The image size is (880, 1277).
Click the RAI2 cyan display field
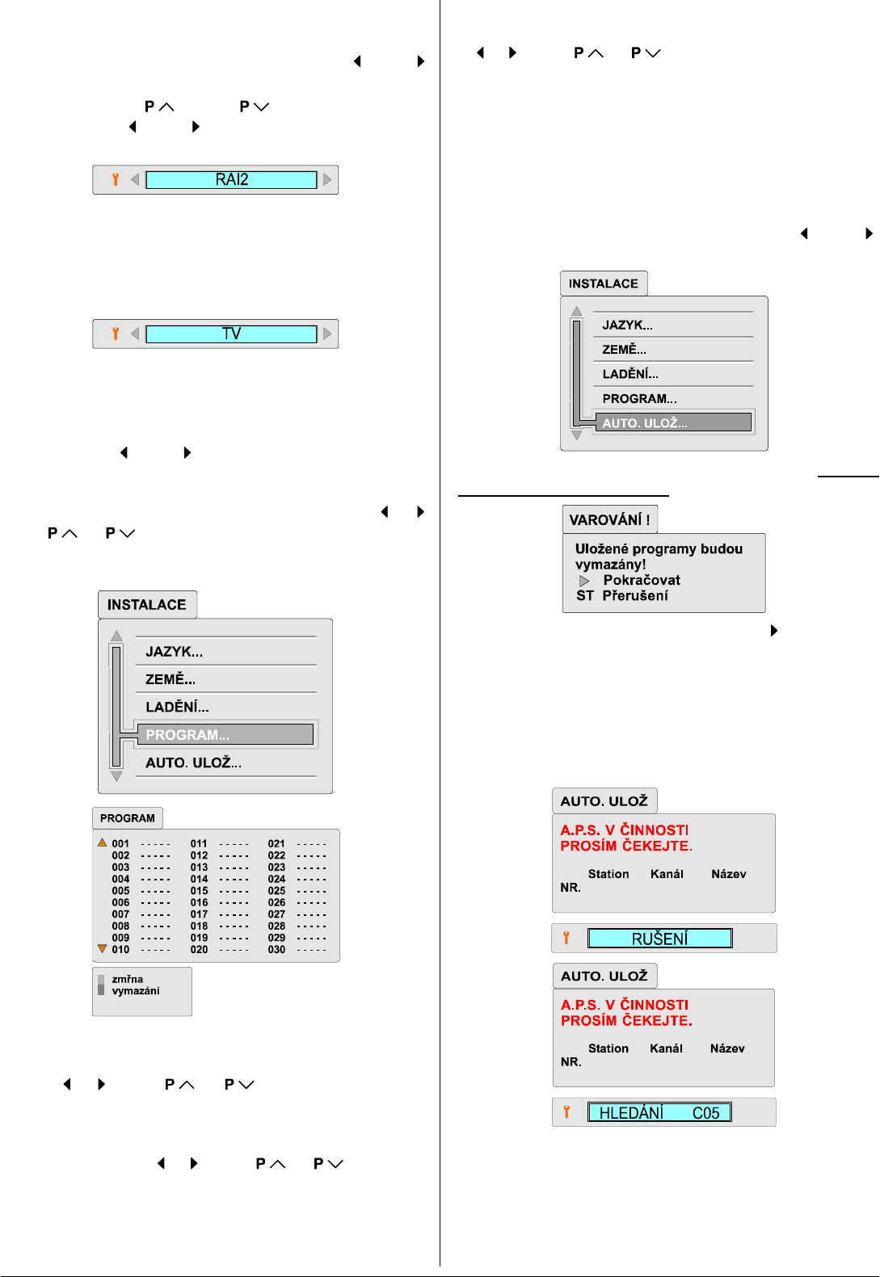click(x=231, y=180)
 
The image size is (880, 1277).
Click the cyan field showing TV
click(x=231, y=334)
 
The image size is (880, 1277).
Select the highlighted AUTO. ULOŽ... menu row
click(x=672, y=422)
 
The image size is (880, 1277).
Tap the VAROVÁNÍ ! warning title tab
click(x=609, y=519)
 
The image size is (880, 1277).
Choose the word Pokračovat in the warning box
click(x=642, y=580)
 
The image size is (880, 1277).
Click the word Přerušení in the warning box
click(x=635, y=595)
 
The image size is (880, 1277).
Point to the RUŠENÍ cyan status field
click(x=659, y=939)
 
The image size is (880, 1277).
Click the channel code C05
click(x=705, y=1113)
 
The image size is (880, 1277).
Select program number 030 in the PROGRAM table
click(x=276, y=950)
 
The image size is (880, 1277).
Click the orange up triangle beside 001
click(x=103, y=842)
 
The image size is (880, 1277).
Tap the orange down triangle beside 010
click(x=103, y=949)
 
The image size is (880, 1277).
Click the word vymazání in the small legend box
click(x=136, y=991)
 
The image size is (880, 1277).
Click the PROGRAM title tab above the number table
click(x=128, y=818)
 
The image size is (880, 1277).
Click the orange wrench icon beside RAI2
click(x=116, y=179)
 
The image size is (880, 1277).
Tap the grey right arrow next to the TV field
click(x=327, y=334)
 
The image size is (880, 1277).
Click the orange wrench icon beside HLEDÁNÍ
click(x=566, y=1112)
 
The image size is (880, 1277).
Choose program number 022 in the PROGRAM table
click(x=276, y=855)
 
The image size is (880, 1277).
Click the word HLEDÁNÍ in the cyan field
click(x=631, y=1113)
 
